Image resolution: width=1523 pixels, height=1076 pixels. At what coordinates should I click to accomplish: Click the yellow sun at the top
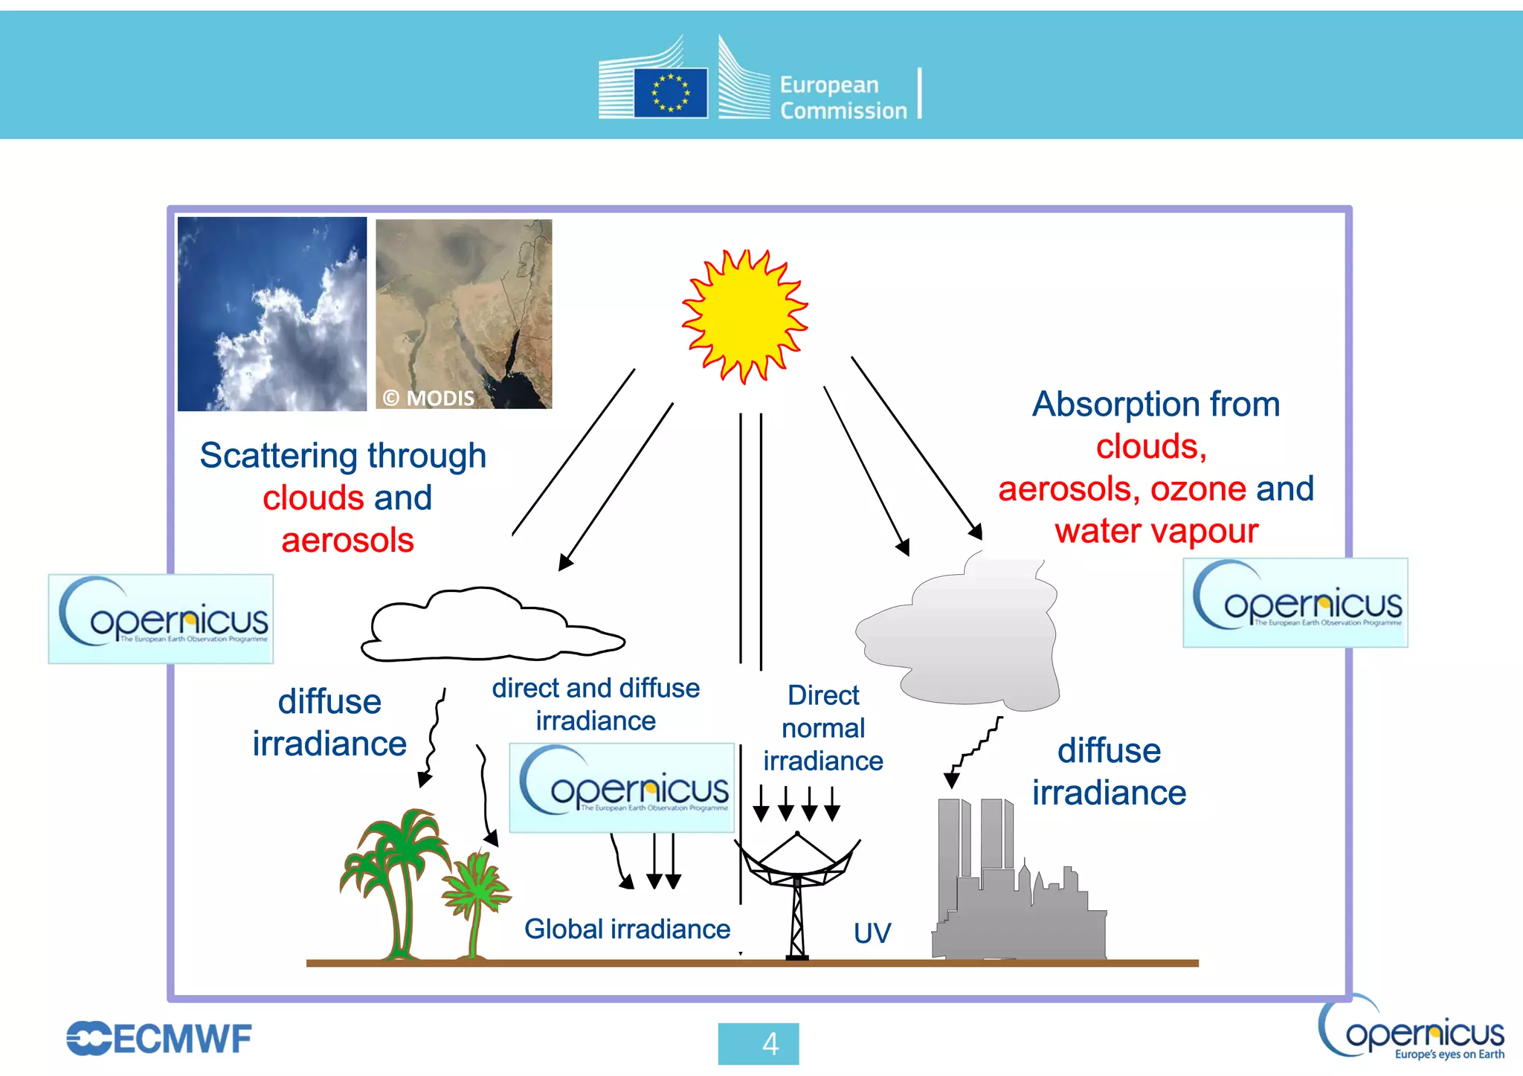(x=744, y=317)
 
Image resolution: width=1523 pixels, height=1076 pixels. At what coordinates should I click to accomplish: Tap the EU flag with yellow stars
(x=670, y=93)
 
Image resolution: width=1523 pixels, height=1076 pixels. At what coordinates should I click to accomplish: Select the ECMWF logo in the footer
(x=159, y=1039)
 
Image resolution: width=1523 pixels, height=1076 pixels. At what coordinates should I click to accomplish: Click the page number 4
(x=758, y=1044)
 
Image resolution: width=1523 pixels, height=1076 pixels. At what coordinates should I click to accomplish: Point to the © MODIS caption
(x=428, y=399)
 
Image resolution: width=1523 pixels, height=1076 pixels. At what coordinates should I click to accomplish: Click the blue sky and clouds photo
(x=272, y=314)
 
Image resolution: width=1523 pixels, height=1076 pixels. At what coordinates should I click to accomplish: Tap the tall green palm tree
(x=396, y=877)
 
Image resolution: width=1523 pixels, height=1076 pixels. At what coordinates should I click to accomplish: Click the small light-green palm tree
(x=476, y=900)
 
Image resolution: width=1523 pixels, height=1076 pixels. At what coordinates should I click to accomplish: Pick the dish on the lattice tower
(x=797, y=863)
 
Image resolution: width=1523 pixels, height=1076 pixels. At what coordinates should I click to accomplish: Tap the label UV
(x=872, y=933)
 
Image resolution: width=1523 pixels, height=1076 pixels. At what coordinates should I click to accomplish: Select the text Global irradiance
(x=627, y=930)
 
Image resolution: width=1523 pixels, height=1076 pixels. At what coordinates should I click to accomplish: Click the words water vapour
(x=1156, y=532)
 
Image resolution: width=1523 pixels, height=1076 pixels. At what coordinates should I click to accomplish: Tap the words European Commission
(x=843, y=97)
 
